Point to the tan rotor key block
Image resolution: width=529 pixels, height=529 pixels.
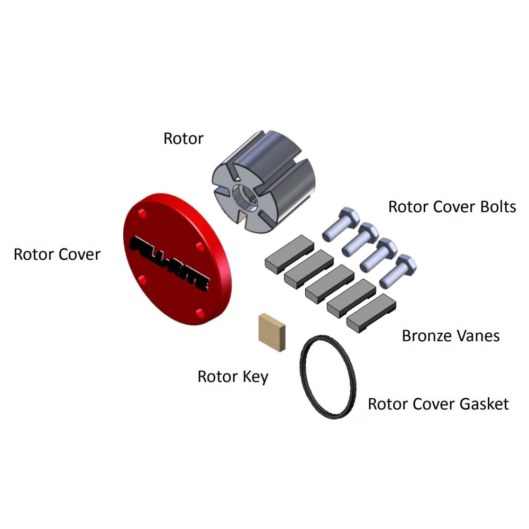(x=271, y=332)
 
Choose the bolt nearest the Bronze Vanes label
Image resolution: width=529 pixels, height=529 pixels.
(x=399, y=270)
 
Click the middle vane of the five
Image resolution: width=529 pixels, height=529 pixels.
(x=329, y=284)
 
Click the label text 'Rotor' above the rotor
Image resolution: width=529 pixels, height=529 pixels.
(x=183, y=139)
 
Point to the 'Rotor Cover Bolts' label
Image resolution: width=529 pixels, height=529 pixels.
(x=452, y=206)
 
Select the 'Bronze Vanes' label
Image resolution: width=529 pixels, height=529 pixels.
(x=451, y=335)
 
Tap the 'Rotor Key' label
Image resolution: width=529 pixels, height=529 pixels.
(x=233, y=377)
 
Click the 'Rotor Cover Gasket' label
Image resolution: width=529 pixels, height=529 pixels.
(x=438, y=404)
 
